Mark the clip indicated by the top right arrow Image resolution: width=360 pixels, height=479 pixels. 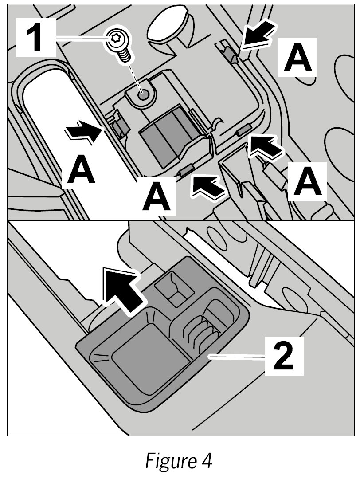(229, 54)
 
